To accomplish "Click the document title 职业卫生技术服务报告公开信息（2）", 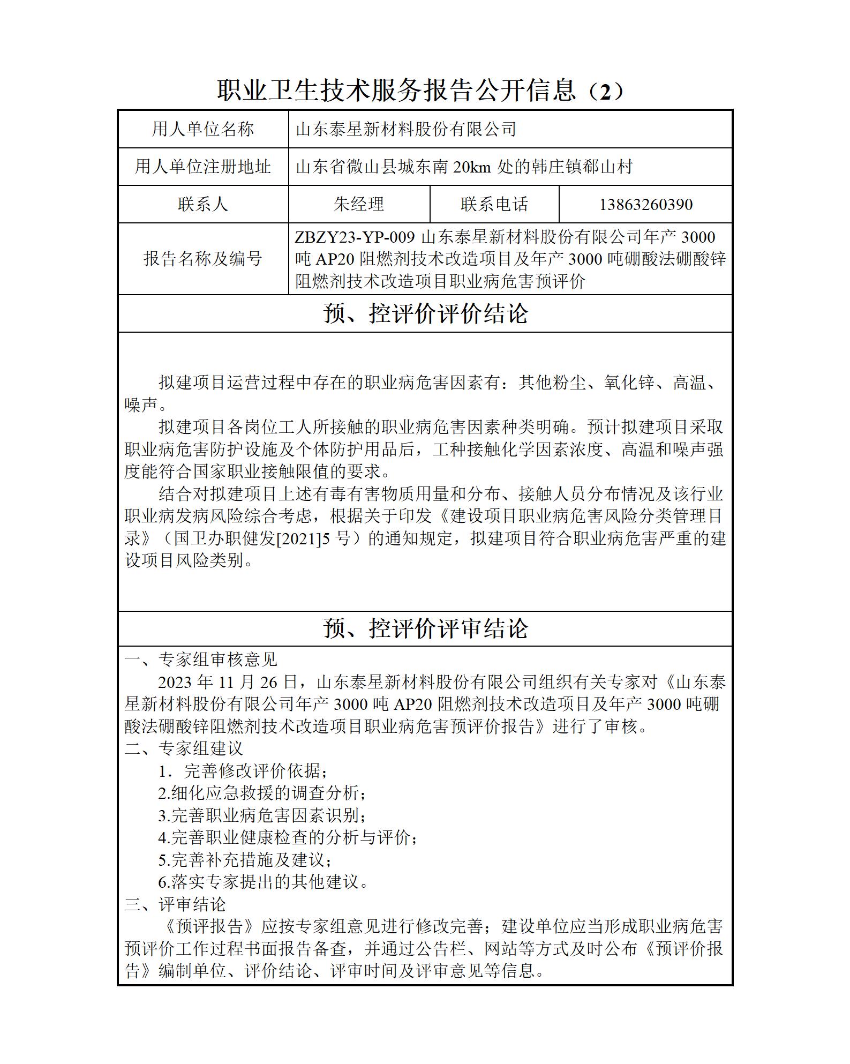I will click(420, 91).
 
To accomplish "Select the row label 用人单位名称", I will click(202, 129).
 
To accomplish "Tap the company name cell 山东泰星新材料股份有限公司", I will click(405, 129).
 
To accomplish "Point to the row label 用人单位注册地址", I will click(202, 167).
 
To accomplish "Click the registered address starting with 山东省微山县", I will click(464, 167).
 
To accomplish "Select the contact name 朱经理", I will click(358, 204).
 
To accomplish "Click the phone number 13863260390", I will click(645, 204).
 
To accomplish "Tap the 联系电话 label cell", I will click(494, 204).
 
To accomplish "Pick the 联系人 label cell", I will click(202, 204).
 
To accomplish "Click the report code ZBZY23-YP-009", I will click(355, 237).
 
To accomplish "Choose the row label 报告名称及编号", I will click(202, 259).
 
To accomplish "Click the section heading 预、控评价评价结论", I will click(425, 314).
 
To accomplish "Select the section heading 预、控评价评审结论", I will click(425, 628).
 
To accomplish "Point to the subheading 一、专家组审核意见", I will click(201, 660).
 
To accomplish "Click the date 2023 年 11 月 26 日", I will click(228, 682).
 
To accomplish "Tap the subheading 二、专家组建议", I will click(184, 748).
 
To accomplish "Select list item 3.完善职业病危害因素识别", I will click(262, 815).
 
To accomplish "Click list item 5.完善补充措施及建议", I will click(245, 860).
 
